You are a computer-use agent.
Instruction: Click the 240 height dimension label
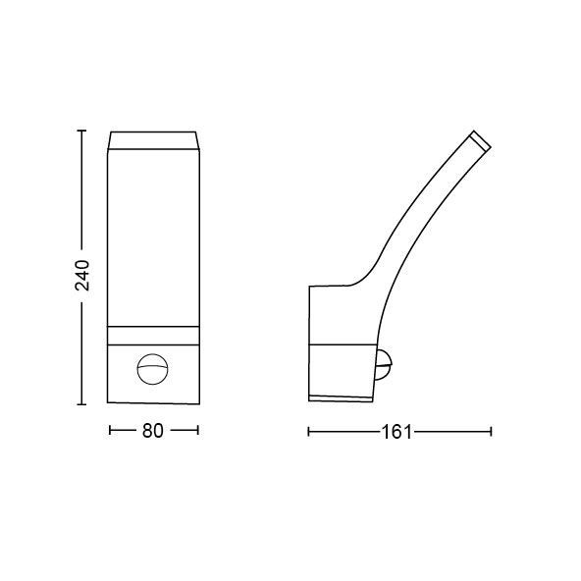(x=82, y=275)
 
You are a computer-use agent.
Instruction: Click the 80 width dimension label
(x=153, y=431)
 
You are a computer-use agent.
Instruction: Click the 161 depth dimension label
(x=396, y=432)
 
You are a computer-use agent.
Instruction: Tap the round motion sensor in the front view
(x=153, y=369)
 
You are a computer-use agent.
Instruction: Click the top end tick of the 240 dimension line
(x=81, y=131)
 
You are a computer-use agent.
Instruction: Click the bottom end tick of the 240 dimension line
(x=81, y=404)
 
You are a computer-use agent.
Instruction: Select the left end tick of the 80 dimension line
(x=110, y=431)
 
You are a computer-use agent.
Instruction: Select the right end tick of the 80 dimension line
(x=198, y=431)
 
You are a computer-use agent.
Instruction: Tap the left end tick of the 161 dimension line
(x=308, y=432)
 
